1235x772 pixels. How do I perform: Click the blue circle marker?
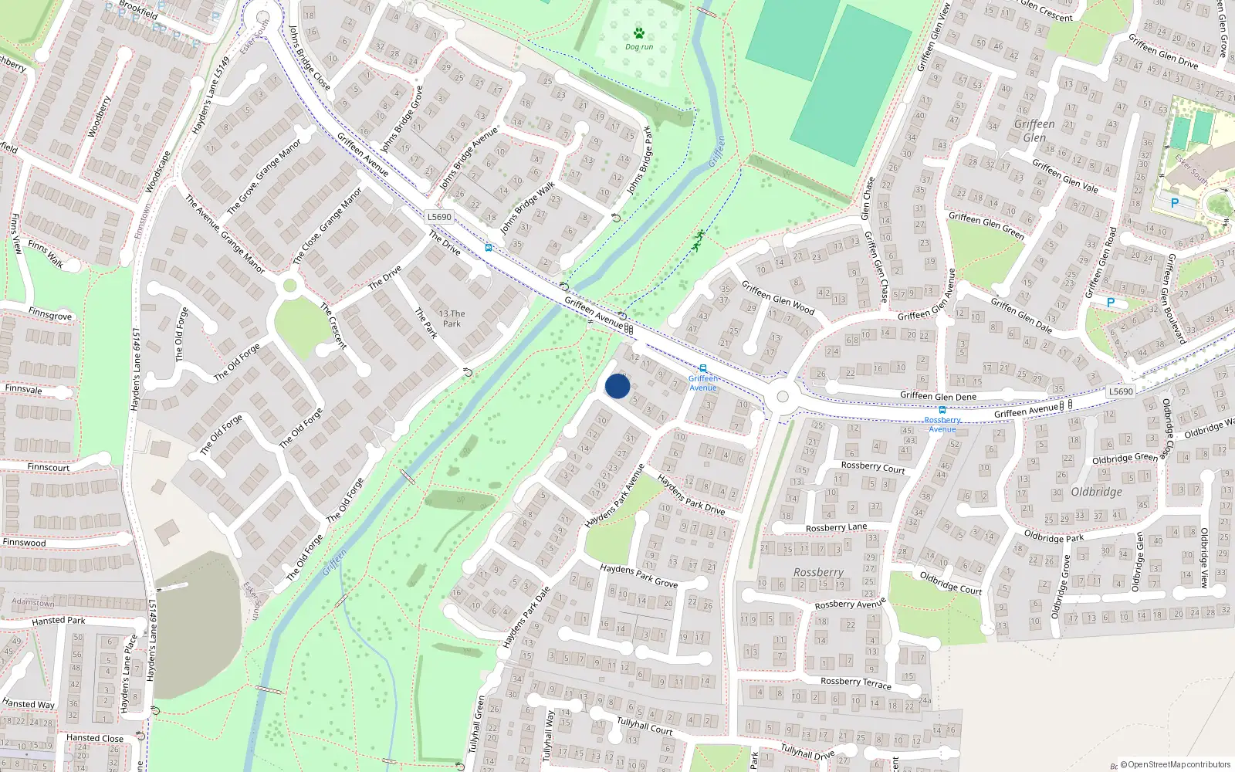tap(617, 386)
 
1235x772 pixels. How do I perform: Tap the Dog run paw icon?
tap(639, 33)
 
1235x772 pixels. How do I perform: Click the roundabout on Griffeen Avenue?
tap(783, 397)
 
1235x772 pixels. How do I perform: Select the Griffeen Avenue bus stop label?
tap(702, 383)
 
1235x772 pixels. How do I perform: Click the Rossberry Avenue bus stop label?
tap(942, 425)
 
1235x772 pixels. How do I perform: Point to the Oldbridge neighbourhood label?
tap(1096, 492)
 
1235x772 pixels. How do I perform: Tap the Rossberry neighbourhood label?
tap(818, 572)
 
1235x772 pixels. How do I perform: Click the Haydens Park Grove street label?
tap(638, 575)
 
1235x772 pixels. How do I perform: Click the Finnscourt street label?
tap(48, 467)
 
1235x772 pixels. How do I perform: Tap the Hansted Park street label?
tap(59, 621)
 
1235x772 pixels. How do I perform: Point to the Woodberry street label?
tap(100, 117)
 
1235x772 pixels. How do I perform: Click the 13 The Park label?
tap(452, 319)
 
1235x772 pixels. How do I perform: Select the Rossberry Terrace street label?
tap(855, 682)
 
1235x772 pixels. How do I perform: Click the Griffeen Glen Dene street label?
tap(938, 396)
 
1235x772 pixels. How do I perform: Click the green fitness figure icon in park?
tap(698, 241)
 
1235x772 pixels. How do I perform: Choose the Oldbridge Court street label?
tap(950, 582)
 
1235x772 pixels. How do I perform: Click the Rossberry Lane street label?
tap(836, 528)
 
